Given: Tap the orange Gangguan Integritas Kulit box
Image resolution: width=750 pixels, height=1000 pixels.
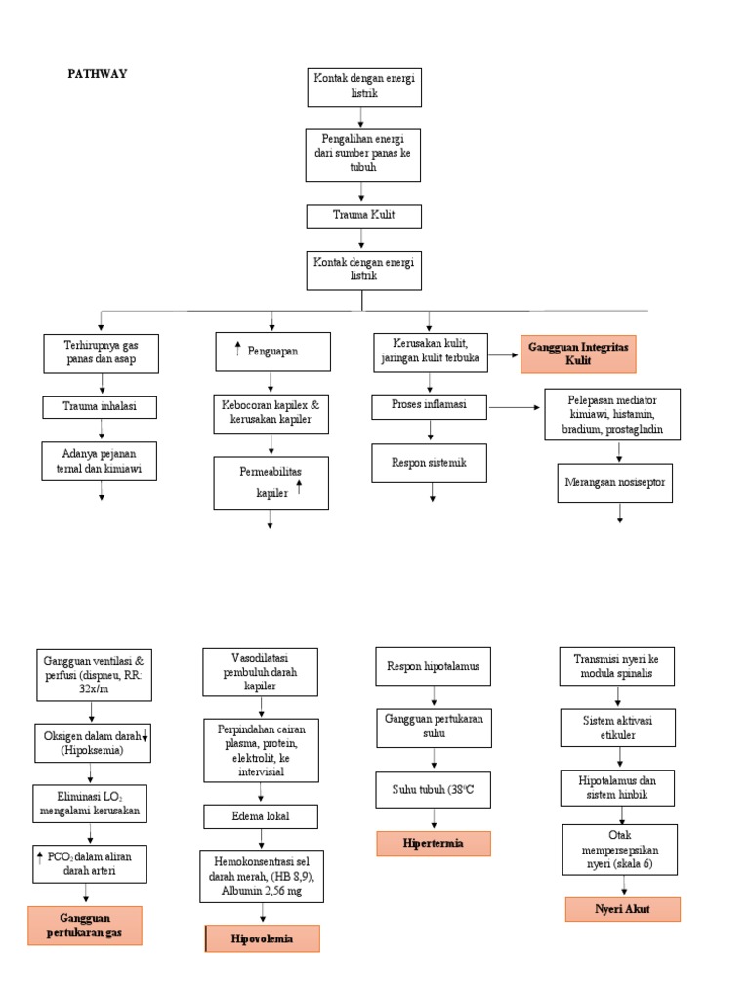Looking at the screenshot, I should tap(578, 353).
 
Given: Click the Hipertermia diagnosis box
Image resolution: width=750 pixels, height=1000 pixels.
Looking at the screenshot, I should tap(434, 843).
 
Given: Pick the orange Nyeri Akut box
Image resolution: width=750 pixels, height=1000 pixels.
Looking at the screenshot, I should tap(622, 909).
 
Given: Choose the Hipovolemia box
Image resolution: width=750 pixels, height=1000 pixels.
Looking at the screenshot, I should tap(262, 938).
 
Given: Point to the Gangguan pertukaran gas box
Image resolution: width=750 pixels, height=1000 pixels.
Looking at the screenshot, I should tap(85, 925).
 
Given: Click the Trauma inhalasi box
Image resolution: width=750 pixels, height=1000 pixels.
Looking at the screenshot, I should tap(101, 407).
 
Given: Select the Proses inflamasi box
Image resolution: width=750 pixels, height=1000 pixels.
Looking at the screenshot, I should tap(430, 405).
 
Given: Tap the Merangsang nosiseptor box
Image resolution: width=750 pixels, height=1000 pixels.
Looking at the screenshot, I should tap(614, 482).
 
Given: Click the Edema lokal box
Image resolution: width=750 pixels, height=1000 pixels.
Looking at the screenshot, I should tap(261, 816).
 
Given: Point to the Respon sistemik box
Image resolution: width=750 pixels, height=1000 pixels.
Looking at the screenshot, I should tap(430, 463).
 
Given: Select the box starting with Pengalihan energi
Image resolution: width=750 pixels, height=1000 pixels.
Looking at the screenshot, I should tap(363, 153).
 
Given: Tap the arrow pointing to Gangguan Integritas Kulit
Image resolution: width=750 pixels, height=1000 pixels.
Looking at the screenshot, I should tap(503, 355).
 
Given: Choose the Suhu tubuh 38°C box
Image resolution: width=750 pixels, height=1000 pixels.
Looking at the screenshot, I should tap(434, 790).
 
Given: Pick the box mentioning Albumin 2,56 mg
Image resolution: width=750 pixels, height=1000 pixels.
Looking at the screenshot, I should tap(261, 876).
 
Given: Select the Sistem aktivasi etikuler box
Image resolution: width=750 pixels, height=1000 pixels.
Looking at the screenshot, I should tap(616, 728).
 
